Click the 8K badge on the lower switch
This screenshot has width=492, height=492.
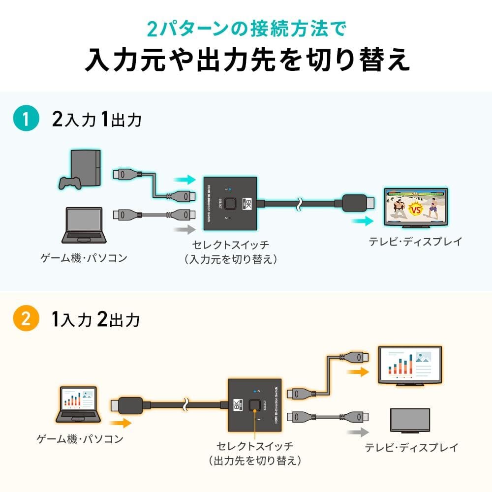pos(239,405)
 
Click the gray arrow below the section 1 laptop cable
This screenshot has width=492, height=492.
pos(184,229)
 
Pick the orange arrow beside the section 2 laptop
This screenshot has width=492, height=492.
pos(120,422)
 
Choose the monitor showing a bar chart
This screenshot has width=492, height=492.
pos(409,365)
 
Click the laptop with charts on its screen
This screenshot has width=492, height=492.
pos(78,404)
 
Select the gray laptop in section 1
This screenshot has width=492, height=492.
pos(85,225)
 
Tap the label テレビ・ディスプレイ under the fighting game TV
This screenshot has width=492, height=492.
pos(415,242)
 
